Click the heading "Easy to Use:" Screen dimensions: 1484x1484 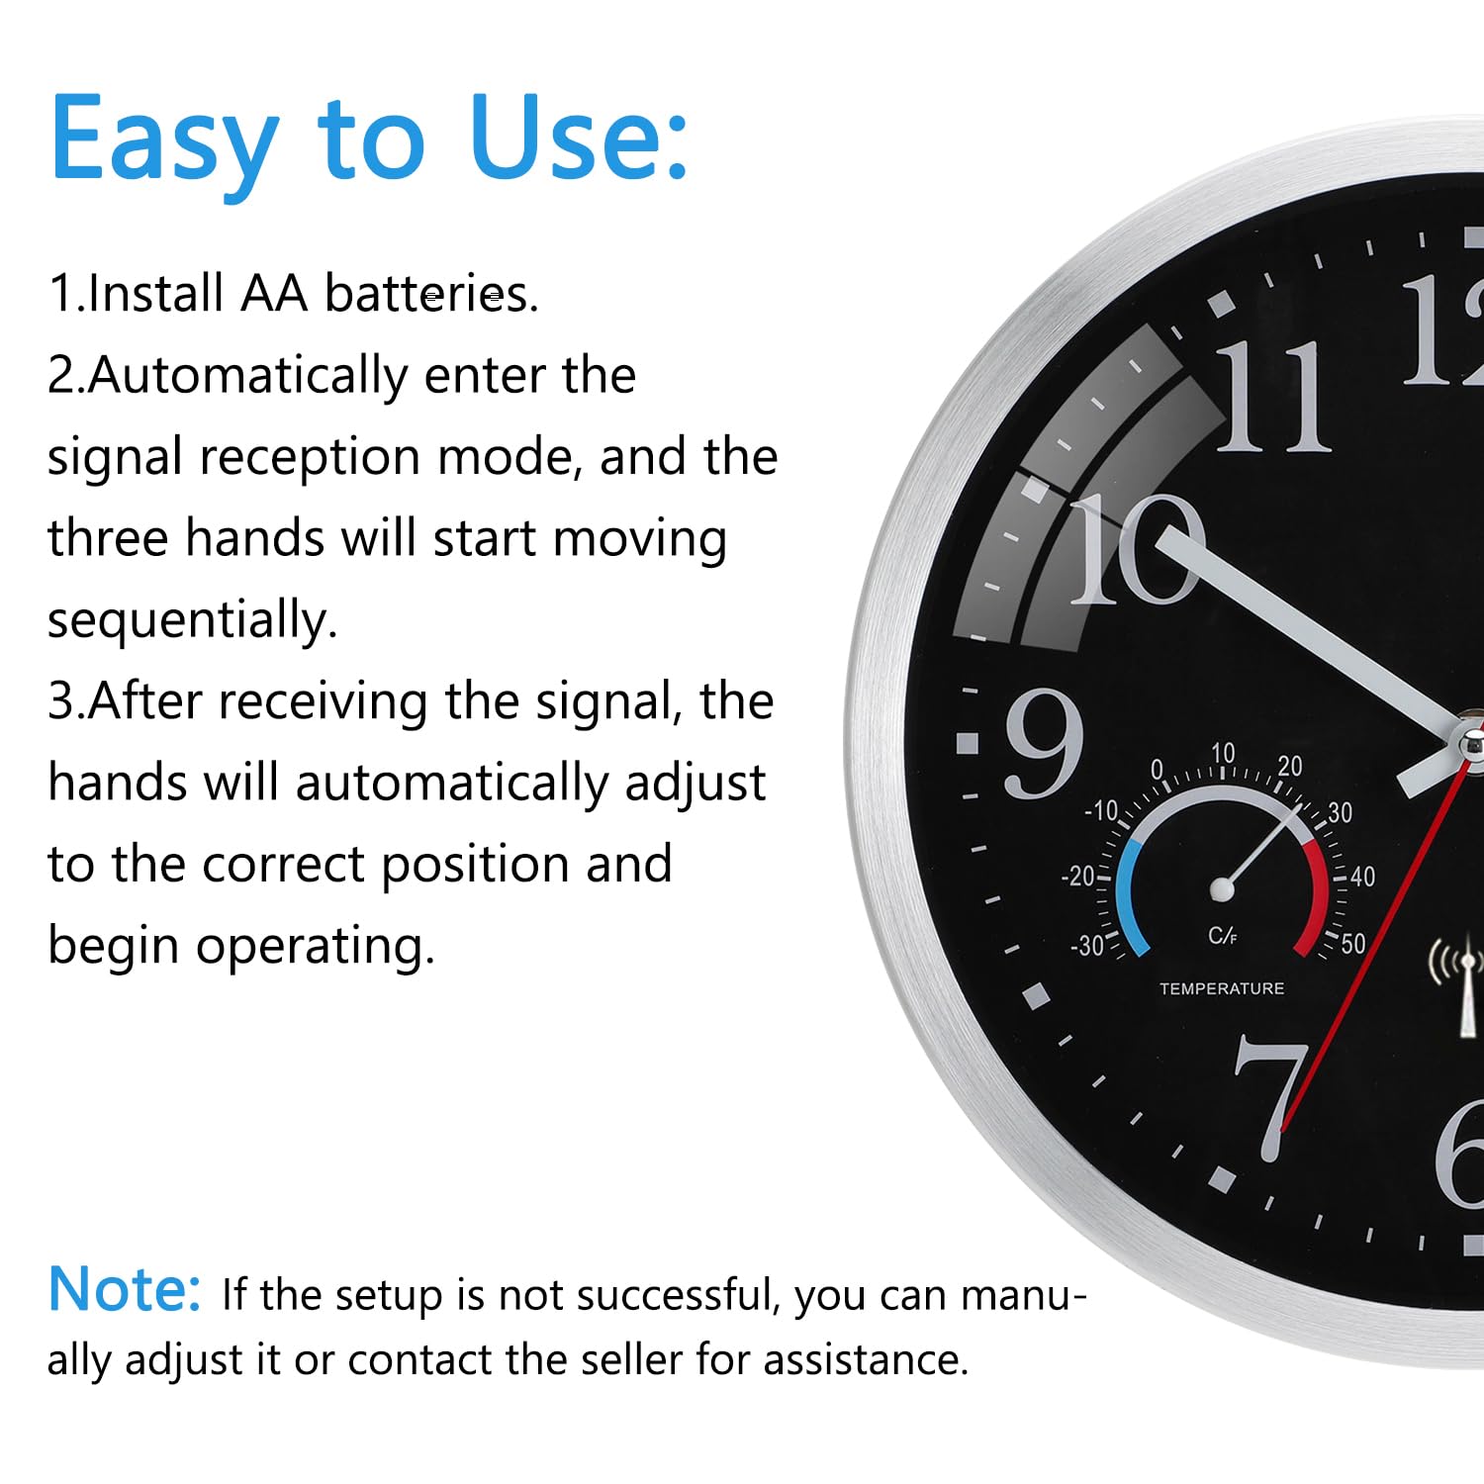point(369,139)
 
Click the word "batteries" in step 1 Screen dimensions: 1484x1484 point(431,294)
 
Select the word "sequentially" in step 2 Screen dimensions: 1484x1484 point(193,621)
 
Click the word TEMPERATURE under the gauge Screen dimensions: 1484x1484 point(1222,988)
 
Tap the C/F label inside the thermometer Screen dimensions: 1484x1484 point(1223,936)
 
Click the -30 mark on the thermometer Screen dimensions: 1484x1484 point(1087,946)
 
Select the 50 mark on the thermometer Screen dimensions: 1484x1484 point(1353,943)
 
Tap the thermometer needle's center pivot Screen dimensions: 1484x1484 point(1223,889)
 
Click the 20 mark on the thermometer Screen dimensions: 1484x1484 point(1290,766)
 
